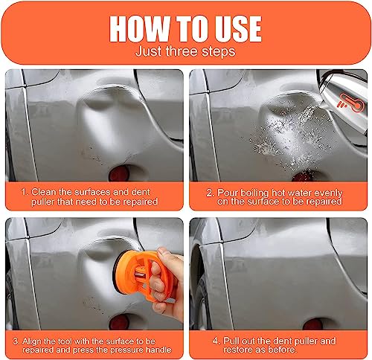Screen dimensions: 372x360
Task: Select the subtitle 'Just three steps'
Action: point(185,51)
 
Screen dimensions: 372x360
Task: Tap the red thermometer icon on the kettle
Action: point(351,103)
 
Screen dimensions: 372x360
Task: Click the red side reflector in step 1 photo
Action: point(119,173)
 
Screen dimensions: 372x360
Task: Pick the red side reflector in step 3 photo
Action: point(119,322)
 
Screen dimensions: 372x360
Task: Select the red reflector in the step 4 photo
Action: point(312,324)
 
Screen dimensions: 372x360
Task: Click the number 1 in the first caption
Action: point(24,192)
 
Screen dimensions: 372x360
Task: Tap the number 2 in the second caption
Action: point(210,193)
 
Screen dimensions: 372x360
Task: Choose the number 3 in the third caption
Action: point(16,341)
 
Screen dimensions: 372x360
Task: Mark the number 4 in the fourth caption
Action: point(216,341)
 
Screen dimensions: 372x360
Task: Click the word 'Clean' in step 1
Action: point(44,192)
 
